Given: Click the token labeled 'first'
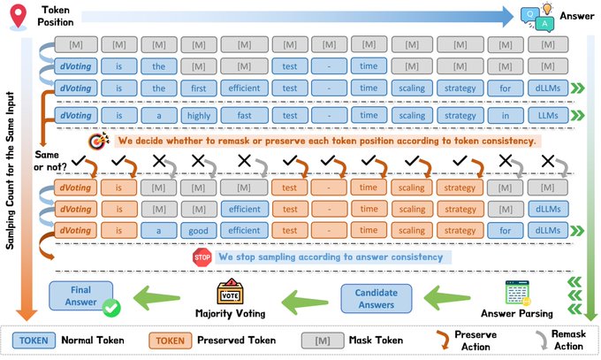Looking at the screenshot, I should (x=192, y=88).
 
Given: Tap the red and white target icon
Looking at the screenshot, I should (x=95, y=140).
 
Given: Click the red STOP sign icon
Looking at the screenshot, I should (x=202, y=257).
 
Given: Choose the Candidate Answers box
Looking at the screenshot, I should (x=378, y=299).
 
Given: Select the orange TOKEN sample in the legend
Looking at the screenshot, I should (x=173, y=340).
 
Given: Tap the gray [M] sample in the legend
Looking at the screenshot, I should (x=321, y=340).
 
